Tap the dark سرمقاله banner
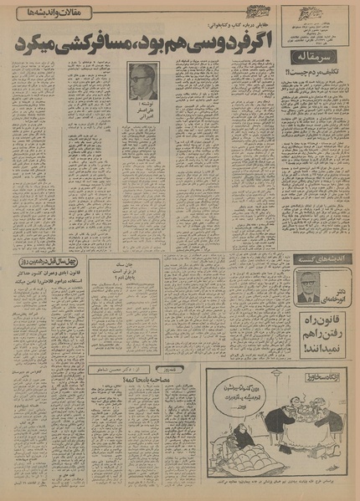click(314, 57)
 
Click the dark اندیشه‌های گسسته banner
click(315, 258)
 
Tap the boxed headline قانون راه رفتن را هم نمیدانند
click(315, 329)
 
